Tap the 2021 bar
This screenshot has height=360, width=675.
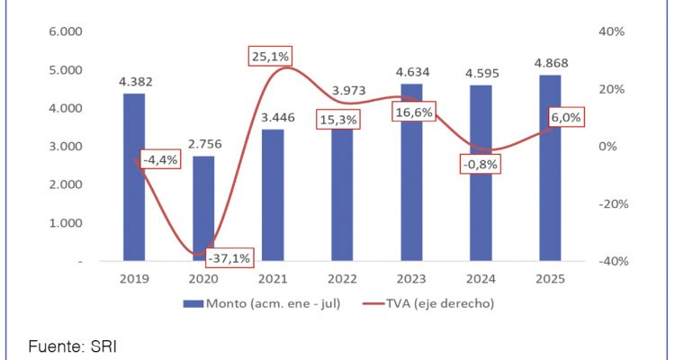click(273, 194)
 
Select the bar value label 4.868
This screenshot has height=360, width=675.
click(550, 64)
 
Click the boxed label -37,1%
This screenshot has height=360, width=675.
click(229, 257)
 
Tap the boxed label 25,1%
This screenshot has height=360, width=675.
click(269, 57)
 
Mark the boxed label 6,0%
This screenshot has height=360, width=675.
click(565, 118)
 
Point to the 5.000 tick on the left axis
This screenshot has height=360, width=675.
click(65, 70)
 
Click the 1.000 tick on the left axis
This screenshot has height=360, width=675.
click(65, 223)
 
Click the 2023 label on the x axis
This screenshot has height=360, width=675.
click(411, 279)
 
